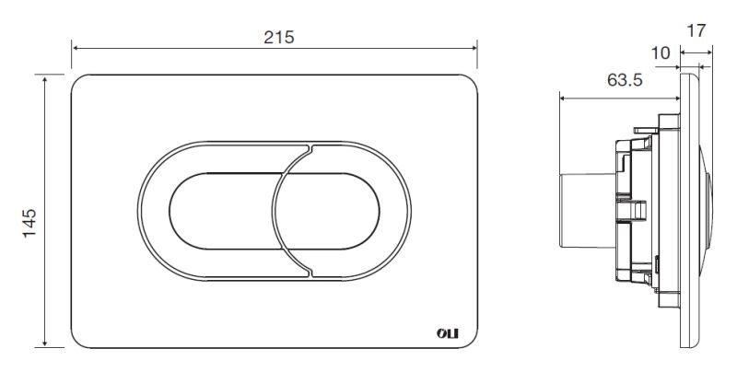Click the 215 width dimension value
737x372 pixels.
point(279,37)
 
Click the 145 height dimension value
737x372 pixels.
point(29,223)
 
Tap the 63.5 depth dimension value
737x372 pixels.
point(625,80)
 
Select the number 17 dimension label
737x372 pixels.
point(696,30)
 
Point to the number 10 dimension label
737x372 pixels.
point(661,53)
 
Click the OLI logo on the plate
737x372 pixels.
point(448,333)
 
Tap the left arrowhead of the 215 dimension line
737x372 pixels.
point(76,48)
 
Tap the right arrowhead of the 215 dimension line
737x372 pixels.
point(474,48)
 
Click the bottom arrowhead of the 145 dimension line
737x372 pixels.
point(45,343)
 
